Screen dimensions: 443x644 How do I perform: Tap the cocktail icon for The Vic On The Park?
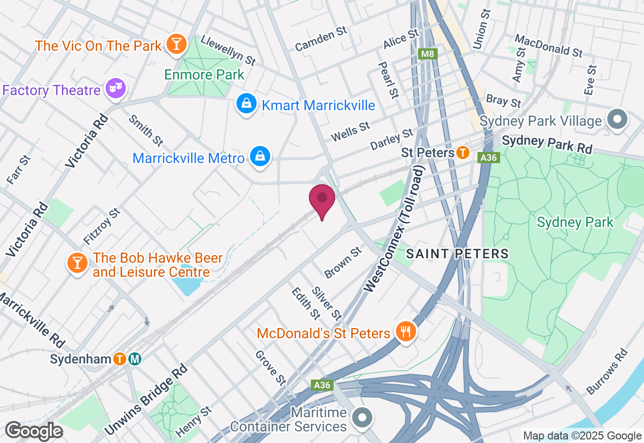pyautogui.click(x=176, y=44)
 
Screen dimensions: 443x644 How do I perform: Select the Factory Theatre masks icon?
pyautogui.click(x=116, y=89)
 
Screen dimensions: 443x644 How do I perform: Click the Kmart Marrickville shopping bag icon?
pyautogui.click(x=247, y=104)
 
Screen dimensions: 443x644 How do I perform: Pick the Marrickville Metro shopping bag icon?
pyautogui.click(x=260, y=157)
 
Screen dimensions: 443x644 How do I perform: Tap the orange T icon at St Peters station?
pyautogui.click(x=463, y=153)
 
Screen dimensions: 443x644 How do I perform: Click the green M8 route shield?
pyautogui.click(x=428, y=54)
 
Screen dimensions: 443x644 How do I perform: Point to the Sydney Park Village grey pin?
pyautogui.click(x=618, y=119)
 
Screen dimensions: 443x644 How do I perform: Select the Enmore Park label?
pyautogui.click(x=204, y=75)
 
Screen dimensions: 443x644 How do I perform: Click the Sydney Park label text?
pyautogui.click(x=575, y=222)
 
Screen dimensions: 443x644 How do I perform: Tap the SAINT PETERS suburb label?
pyautogui.click(x=457, y=253)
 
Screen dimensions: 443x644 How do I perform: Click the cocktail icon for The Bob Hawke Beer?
pyautogui.click(x=77, y=263)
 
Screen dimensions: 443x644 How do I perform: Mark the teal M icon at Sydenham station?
pyautogui.click(x=134, y=359)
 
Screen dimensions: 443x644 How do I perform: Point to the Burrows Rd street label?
pyautogui.click(x=607, y=371)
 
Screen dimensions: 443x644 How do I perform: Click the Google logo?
pyautogui.click(x=34, y=430)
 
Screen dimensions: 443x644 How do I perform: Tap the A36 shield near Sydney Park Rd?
pyautogui.click(x=489, y=158)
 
